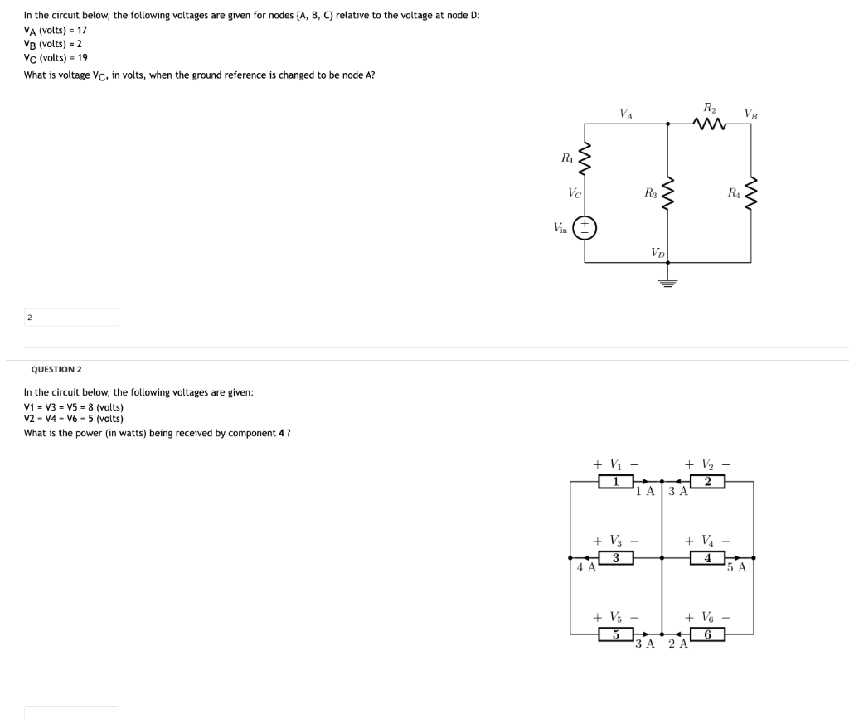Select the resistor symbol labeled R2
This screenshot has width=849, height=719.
(711, 125)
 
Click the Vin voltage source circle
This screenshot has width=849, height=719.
(585, 227)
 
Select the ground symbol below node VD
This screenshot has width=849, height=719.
(668, 282)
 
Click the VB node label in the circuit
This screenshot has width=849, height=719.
(750, 113)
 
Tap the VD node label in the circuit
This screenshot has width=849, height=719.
(657, 252)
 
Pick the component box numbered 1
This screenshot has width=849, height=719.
(616, 482)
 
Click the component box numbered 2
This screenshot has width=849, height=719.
(708, 482)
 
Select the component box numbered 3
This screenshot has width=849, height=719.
(616, 558)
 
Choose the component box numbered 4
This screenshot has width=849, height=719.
(708, 558)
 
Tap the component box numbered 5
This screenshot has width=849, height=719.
(616, 634)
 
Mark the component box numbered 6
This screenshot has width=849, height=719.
(708, 634)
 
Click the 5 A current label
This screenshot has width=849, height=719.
(736, 569)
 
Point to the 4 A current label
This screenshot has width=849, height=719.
(586, 569)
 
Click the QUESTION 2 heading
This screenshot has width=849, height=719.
(56, 369)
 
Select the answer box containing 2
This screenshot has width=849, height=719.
(71, 318)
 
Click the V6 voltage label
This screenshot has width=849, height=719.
(699, 617)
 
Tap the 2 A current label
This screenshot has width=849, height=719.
(678, 644)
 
